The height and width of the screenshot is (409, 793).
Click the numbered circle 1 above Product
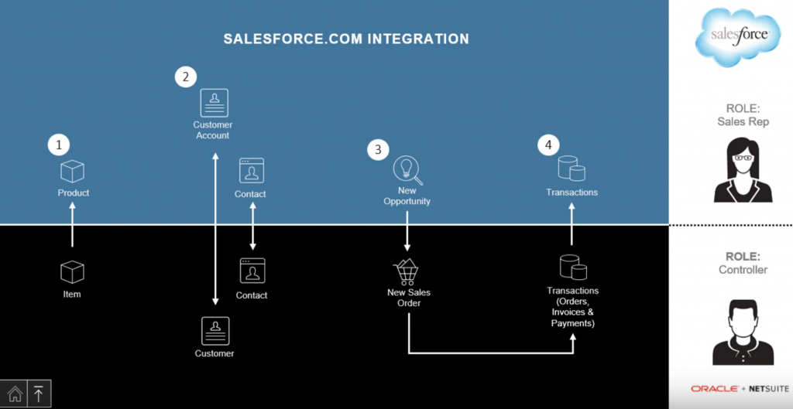pyautogui.click(x=58, y=144)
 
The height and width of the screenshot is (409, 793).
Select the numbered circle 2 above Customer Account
pyautogui.click(x=185, y=77)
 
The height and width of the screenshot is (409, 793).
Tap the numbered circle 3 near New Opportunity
pyautogui.click(x=378, y=150)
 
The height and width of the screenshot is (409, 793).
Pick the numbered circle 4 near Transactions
pyautogui.click(x=548, y=145)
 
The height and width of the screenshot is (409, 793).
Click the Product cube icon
pyautogui.click(x=72, y=171)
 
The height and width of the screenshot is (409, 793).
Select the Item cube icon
pyautogui.click(x=72, y=272)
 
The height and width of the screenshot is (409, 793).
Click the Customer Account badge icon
pyautogui.click(x=214, y=103)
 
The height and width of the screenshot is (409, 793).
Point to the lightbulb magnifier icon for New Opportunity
pyautogui.click(x=406, y=169)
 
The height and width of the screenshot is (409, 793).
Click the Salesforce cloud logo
pyautogui.click(x=731, y=36)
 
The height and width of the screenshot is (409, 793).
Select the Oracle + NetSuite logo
pyautogui.click(x=731, y=388)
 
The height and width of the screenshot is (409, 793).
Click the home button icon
pyautogui.click(x=15, y=393)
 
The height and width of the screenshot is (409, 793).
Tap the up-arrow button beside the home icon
pyautogui.click(x=39, y=393)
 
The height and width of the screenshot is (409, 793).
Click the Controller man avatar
pyautogui.click(x=732, y=333)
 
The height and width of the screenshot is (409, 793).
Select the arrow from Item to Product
pyautogui.click(x=72, y=224)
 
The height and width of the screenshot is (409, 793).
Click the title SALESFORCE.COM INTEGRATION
pyautogui.click(x=346, y=39)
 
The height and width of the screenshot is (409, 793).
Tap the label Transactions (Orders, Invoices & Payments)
pyautogui.click(x=572, y=307)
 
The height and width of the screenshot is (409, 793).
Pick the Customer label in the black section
pyautogui.click(x=215, y=353)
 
